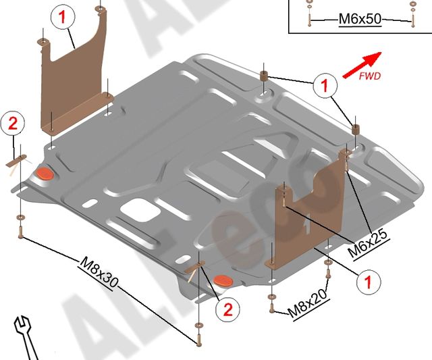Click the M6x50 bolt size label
(360, 20)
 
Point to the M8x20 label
(307, 303)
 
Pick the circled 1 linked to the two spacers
(324, 85)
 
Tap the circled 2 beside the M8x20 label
(227, 309)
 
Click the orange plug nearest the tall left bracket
(45, 174)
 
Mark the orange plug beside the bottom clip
(222, 280)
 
